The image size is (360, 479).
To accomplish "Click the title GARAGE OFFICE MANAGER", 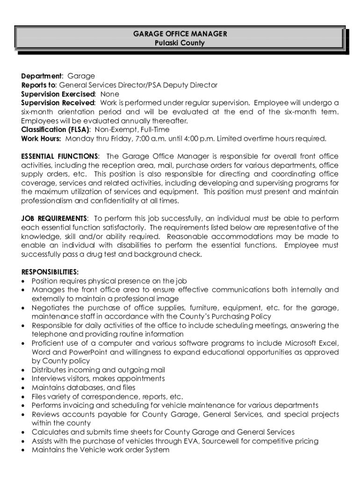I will (x=180, y=34).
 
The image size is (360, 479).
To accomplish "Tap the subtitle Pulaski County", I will (x=180, y=43).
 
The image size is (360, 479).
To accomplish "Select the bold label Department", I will (x=42, y=76).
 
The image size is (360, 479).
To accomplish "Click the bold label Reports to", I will (x=38, y=85).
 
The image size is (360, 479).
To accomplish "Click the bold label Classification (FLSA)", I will (x=56, y=130).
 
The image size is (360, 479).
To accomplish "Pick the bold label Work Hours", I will (x=41, y=138).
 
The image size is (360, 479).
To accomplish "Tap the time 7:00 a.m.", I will (x=148, y=138).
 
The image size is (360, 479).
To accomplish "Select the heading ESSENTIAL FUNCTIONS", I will (x=59, y=156).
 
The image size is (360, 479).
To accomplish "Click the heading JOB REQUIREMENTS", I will (x=54, y=218).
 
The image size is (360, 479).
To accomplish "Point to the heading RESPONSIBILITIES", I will (x=50, y=272).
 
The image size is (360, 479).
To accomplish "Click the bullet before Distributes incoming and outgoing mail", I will (x=24, y=370).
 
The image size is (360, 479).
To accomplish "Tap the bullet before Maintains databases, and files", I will (x=24, y=388).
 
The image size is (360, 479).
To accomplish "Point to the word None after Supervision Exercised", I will (x=110, y=94).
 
